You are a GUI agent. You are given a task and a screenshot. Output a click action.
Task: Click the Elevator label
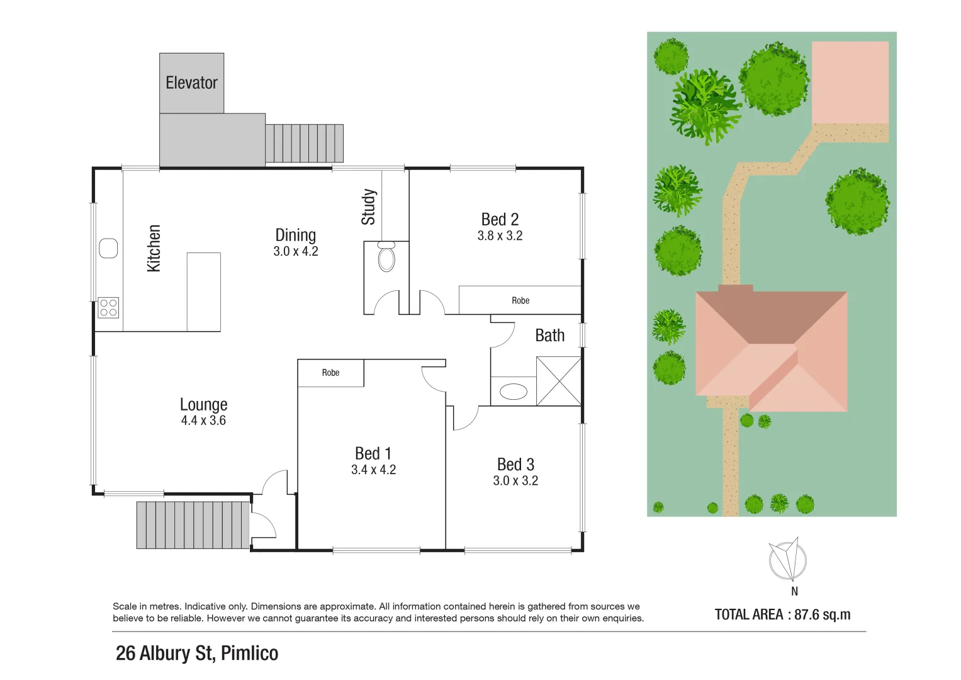pyautogui.click(x=191, y=82)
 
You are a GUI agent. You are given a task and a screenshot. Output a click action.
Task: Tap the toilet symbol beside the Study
pyautogui.click(x=386, y=257)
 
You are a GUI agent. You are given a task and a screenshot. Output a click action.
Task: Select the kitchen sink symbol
pyautogui.click(x=108, y=248)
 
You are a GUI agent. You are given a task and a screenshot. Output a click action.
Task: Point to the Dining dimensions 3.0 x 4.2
pyautogui.click(x=295, y=251)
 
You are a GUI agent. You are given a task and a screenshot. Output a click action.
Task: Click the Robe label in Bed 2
pyautogui.click(x=520, y=300)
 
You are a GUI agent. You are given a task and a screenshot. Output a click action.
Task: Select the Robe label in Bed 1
pyautogui.click(x=330, y=373)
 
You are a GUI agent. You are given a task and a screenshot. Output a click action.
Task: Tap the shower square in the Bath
pyautogui.click(x=558, y=381)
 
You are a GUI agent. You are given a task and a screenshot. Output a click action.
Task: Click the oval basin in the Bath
pyautogui.click(x=514, y=392)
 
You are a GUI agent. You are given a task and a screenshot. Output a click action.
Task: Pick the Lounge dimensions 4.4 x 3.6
pyautogui.click(x=203, y=421)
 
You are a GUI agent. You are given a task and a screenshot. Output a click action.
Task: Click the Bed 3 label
pyautogui.click(x=515, y=464)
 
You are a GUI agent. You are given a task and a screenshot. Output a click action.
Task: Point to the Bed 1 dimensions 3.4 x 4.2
pyautogui.click(x=373, y=470)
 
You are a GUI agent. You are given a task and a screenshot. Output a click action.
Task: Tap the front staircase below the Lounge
pyautogui.click(x=193, y=524)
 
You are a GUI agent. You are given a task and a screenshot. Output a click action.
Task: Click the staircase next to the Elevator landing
pyautogui.click(x=304, y=143)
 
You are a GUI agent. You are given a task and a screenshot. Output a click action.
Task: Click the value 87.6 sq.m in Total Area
pyautogui.click(x=822, y=615)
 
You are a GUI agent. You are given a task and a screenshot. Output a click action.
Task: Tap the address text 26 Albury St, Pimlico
pyautogui.click(x=197, y=654)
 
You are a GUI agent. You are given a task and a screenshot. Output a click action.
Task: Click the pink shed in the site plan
pyautogui.click(x=850, y=82)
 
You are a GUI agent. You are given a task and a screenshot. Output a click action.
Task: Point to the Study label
pyautogui.click(x=368, y=207)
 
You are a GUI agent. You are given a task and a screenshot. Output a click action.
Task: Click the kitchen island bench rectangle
pyautogui.click(x=203, y=292)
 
